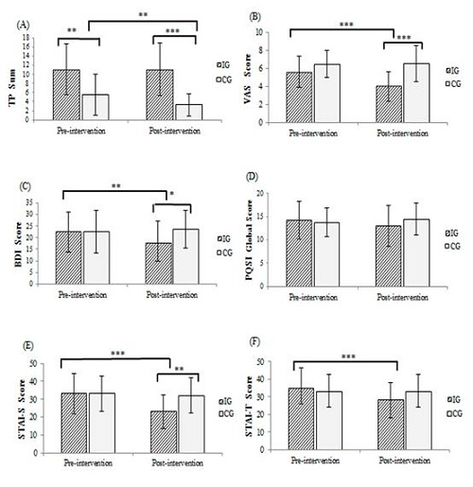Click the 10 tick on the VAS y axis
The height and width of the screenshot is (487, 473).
[x=273, y=32]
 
